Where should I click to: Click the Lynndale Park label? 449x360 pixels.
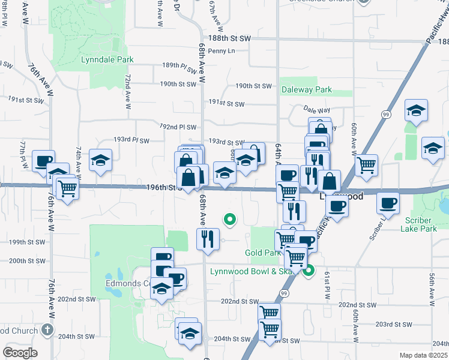point(107,59)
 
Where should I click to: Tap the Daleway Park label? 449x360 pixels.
point(306,89)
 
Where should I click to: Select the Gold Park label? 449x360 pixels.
point(262,253)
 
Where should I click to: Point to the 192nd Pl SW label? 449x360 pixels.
point(178,127)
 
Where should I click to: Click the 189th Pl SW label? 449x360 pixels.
point(179,67)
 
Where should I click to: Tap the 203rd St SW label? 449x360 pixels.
point(393,324)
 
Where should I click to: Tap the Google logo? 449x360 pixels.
point(20,353)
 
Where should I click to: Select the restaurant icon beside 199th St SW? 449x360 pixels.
point(205,239)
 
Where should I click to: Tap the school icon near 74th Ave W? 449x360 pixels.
point(100,160)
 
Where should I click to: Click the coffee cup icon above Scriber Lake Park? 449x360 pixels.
point(388,203)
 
